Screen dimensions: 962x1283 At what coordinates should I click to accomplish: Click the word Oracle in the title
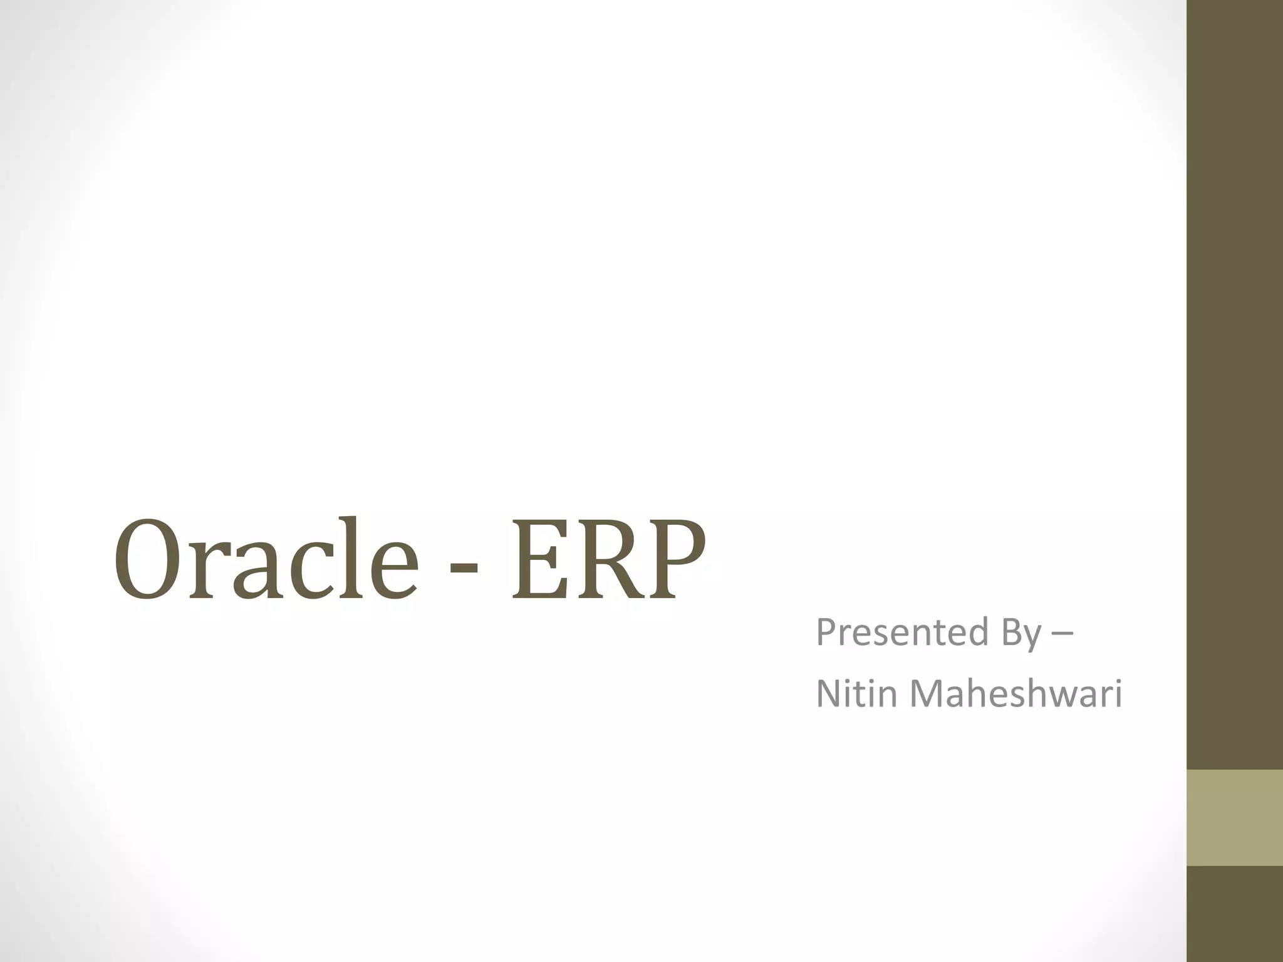point(266,559)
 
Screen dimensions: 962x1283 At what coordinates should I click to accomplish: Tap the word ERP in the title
point(608,559)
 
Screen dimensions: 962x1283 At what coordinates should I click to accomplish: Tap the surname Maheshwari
point(1015,694)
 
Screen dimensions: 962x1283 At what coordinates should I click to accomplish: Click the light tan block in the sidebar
point(1235,817)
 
